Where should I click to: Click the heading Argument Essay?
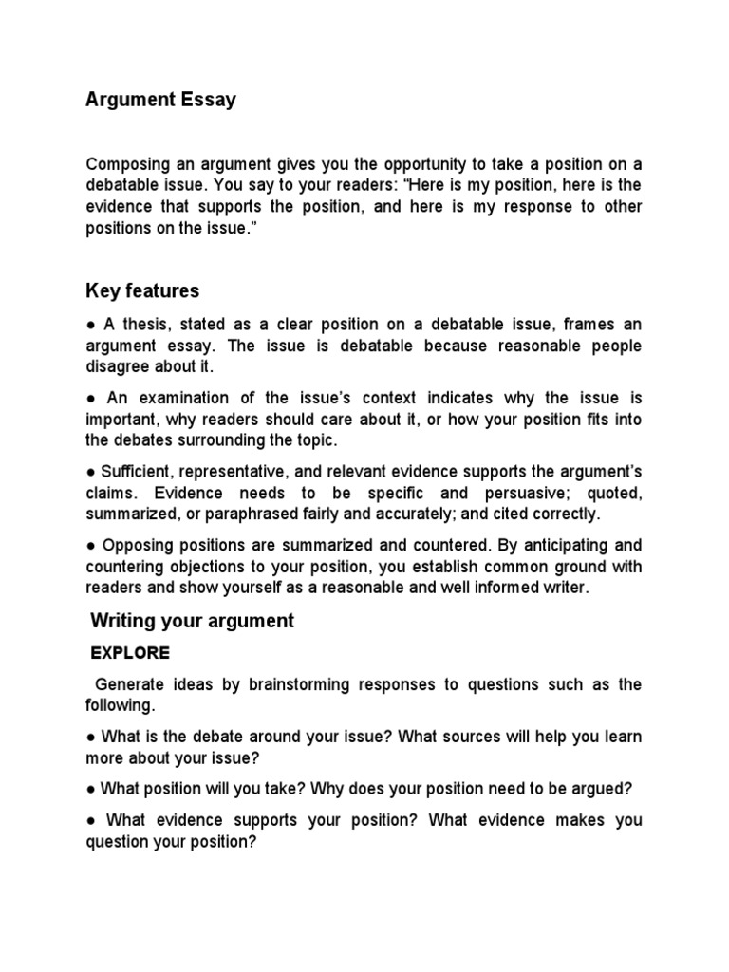tap(161, 100)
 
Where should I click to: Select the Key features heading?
tap(143, 290)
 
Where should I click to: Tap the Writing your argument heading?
tap(193, 621)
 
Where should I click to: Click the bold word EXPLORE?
tap(130, 653)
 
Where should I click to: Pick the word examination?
tap(197, 398)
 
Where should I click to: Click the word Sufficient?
tap(135, 472)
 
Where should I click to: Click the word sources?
tap(480, 737)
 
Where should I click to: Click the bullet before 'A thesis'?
tap(90, 325)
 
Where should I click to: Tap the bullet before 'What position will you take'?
tap(90, 789)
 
